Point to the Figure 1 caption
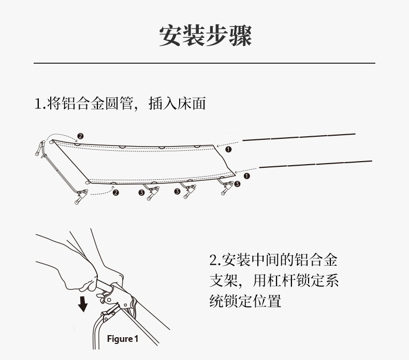pyautogui.click(x=123, y=339)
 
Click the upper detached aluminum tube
pyautogui.click(x=299, y=137)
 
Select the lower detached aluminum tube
pyautogui.click(x=315, y=164)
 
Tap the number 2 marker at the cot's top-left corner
pyautogui.click(x=80, y=137)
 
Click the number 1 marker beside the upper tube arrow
pyautogui.click(x=228, y=149)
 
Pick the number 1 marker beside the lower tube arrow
pyautogui.click(x=246, y=176)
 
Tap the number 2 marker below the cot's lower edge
pyautogui.click(x=115, y=193)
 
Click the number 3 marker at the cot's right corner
pyautogui.click(x=237, y=184)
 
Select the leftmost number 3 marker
pyautogui.click(x=141, y=193)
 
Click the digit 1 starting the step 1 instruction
pyautogui.click(x=37, y=104)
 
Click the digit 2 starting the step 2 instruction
pyautogui.click(x=213, y=260)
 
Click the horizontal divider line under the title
pyautogui.click(x=204, y=63)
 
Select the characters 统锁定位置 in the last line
pyautogui.click(x=245, y=301)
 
